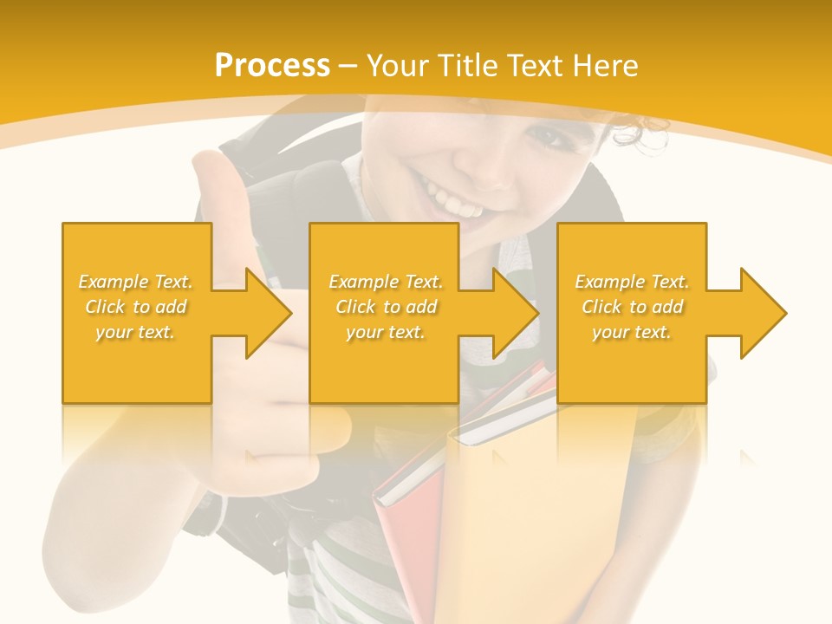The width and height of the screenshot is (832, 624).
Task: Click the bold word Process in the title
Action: tap(272, 66)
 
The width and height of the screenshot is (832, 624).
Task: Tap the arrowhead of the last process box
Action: tap(758, 313)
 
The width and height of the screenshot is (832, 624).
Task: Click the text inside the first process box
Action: tap(136, 307)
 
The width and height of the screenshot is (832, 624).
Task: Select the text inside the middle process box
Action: tap(386, 307)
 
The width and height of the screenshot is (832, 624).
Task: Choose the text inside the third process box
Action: tap(632, 307)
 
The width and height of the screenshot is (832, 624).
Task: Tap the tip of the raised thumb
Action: tap(207, 165)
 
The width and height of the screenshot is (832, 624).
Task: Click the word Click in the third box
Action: tap(602, 307)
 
